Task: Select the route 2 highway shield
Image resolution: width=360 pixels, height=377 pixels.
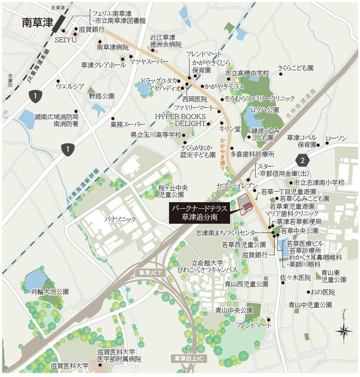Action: pos(303,160)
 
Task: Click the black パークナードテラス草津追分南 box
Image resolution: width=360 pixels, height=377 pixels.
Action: pos(199,212)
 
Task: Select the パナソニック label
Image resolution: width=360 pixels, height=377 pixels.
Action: pos(120,219)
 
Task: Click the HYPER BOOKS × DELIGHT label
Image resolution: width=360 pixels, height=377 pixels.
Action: pos(181,120)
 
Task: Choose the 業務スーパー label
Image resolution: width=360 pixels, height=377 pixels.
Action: pos(128,125)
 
